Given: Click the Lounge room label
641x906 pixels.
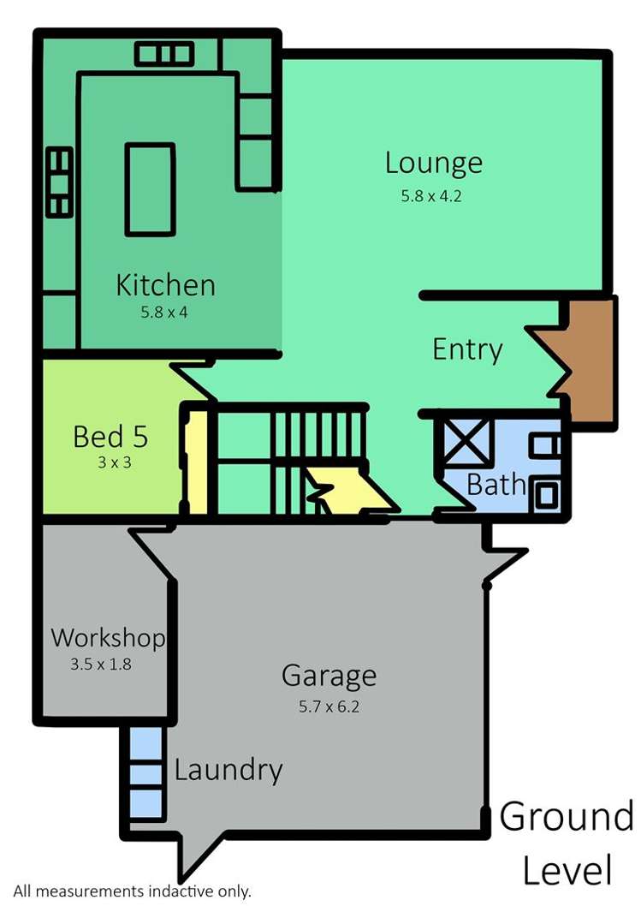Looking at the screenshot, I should (x=433, y=163).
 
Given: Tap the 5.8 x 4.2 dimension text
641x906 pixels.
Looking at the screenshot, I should (x=431, y=196).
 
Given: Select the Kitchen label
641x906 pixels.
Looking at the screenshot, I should (x=165, y=284).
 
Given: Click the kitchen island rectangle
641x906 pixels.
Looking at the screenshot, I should (x=150, y=188).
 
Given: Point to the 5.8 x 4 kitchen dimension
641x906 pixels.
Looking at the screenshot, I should (x=164, y=313).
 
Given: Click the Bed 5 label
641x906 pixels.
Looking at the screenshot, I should (x=110, y=437).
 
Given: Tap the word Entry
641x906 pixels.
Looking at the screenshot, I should (x=466, y=349).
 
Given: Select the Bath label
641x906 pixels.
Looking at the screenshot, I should (x=496, y=485).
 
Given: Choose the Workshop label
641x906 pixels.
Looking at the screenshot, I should (x=107, y=638).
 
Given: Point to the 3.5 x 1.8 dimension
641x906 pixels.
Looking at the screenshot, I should (x=101, y=663).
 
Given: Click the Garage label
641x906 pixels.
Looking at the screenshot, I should (x=329, y=676).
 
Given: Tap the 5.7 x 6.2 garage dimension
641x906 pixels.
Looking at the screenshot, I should (x=329, y=707).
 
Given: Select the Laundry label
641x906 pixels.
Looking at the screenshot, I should (x=228, y=770).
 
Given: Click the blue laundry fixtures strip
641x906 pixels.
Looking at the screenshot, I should (x=145, y=775).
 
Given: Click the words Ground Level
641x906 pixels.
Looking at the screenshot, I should (x=567, y=843).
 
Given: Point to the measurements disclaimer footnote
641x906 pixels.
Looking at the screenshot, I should (x=132, y=891).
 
